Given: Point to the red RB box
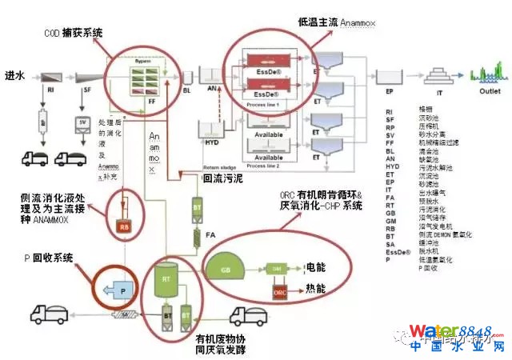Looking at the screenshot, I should click(x=124, y=226).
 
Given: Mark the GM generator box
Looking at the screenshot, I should click(x=274, y=268).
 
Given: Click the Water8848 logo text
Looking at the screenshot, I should click(x=453, y=330).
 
